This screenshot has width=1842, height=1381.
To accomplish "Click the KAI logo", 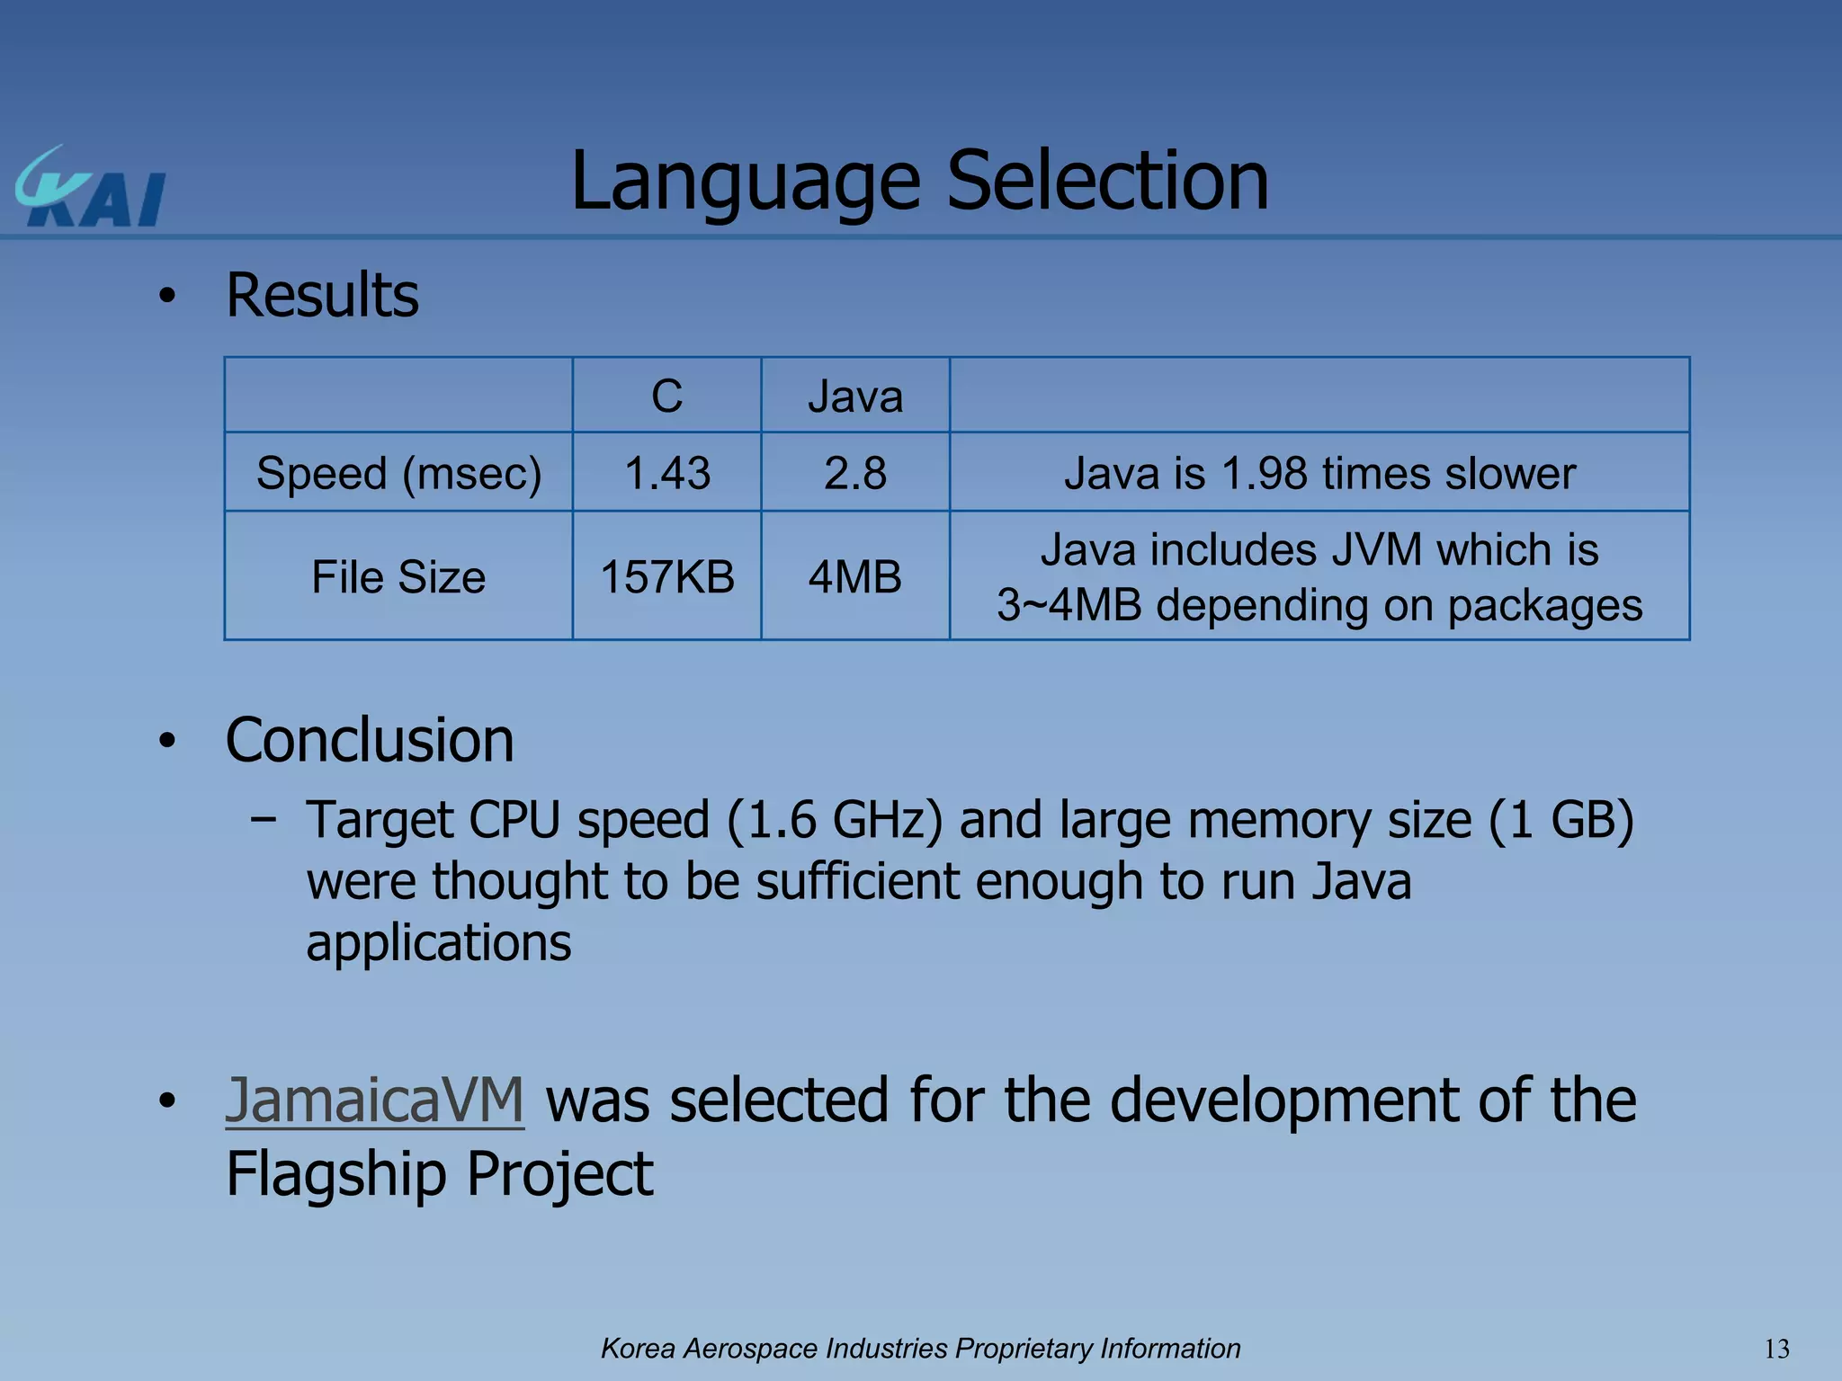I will [90, 189].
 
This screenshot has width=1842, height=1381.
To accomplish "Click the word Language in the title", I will [746, 182].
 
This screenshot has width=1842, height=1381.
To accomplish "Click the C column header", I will [666, 396].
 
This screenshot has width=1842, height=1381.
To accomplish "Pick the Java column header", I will [854, 396].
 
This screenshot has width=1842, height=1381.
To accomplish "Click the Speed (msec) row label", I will [398, 473].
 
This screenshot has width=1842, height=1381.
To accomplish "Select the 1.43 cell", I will [666, 473].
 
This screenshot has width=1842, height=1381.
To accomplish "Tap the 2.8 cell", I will [854, 473].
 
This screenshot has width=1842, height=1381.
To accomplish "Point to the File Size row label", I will [398, 576].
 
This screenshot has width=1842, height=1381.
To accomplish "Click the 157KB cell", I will [666, 576].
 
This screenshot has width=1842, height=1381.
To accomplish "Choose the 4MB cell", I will [854, 576].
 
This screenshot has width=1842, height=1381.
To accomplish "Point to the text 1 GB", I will [1560, 820].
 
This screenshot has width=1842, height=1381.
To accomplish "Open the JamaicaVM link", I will [374, 1100].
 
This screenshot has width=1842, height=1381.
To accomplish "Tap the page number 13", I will [1776, 1349].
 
